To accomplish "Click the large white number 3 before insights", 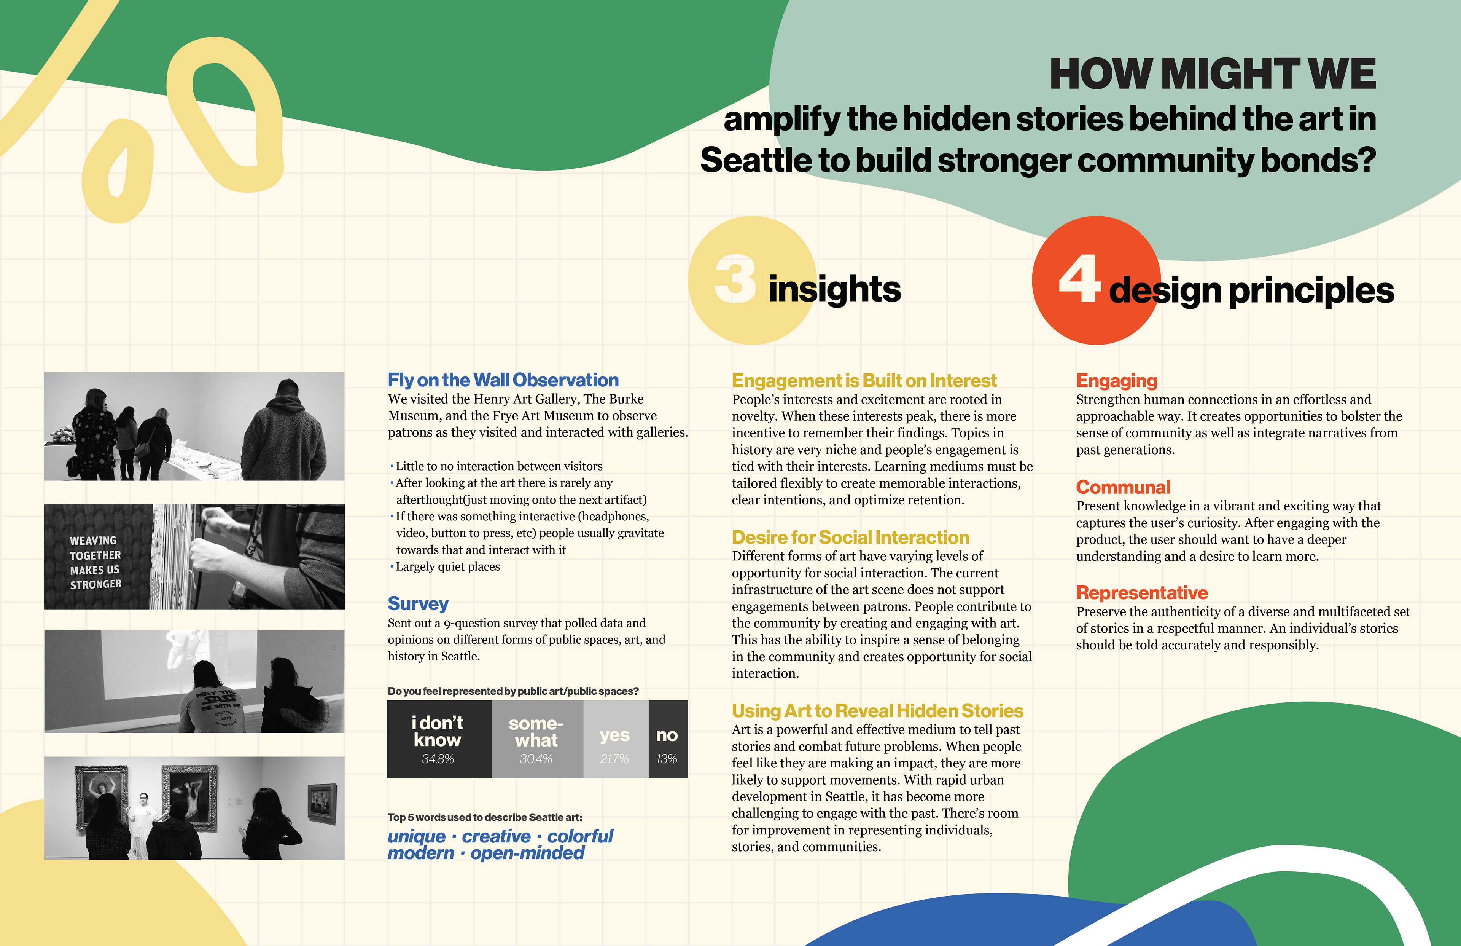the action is (735, 279).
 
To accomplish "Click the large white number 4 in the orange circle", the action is (1080, 279).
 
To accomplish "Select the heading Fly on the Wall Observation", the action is (503, 380).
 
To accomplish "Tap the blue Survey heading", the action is (418, 604).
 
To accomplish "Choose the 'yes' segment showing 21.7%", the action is (615, 739).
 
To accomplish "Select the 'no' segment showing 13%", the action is (668, 739).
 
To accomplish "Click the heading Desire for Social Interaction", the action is (850, 538).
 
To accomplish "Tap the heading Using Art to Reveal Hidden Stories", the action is (877, 711).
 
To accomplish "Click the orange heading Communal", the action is (1123, 487).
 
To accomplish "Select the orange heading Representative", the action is (1142, 593).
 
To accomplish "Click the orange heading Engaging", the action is (1117, 381).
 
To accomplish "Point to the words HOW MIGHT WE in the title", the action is (1213, 74).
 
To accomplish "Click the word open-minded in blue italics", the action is (527, 853).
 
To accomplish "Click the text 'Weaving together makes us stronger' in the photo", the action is (96, 562).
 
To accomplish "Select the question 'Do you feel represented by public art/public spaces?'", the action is (513, 691).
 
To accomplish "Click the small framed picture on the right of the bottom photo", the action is (322, 803).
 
